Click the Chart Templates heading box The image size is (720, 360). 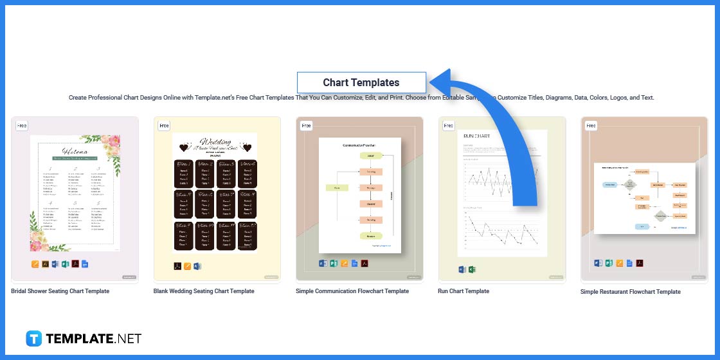tap(361, 82)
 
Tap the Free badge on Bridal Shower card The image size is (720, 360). tap(22, 126)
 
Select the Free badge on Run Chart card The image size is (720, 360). tap(448, 126)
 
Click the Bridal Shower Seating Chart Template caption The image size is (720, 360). tap(60, 291)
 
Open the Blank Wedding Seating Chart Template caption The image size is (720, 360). tap(204, 291)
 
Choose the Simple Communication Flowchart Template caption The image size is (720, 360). tap(352, 291)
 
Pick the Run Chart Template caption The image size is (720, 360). tap(464, 291)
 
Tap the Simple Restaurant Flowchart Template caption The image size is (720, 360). tap(630, 292)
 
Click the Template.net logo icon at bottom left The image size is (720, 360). tap(33, 339)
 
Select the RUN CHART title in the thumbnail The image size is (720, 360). tap(476, 136)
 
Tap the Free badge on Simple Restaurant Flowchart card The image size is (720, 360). tap(591, 126)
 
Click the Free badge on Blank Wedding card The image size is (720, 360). tap(164, 126)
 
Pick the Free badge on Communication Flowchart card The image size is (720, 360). tap(306, 126)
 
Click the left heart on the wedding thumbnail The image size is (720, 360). tap(184, 148)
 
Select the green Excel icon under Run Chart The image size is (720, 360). tap(471, 269)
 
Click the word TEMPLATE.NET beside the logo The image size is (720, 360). tap(93, 339)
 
